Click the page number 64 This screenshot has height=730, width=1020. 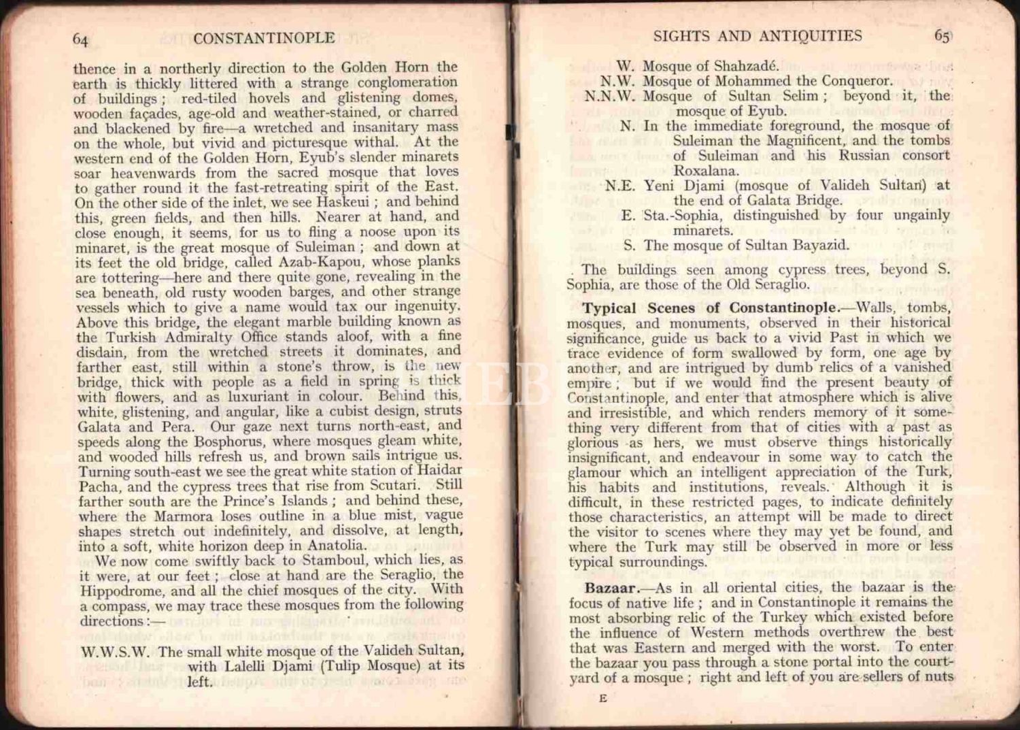(80, 39)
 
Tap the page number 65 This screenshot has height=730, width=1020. (941, 36)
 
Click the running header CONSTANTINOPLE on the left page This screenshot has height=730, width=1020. (263, 38)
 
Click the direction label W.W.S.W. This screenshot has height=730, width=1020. (115, 651)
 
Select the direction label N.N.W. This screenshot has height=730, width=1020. (610, 97)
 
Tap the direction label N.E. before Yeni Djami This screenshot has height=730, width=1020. (620, 186)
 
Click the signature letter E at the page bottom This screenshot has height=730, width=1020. (602, 698)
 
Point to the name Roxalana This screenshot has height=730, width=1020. (705, 171)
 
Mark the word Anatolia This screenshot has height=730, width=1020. (337, 545)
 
